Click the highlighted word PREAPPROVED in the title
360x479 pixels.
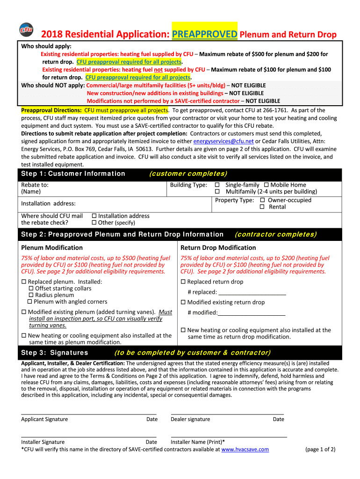pos(205,34)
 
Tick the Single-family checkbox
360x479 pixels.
pos(217,185)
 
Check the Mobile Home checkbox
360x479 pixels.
pos(266,185)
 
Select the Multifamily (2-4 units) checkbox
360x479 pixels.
pos(217,191)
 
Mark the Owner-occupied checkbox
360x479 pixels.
pos(262,200)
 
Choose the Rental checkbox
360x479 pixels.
pos(262,207)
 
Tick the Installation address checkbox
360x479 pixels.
pos(94,216)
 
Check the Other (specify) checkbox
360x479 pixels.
pos(94,223)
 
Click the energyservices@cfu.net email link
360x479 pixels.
pos(223,141)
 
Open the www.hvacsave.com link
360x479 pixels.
pos(245,450)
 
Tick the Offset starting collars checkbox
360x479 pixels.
pos(31,289)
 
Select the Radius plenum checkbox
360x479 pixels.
pos(31,295)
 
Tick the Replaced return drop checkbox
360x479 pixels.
pos(183,282)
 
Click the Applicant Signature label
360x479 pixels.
pos(44,419)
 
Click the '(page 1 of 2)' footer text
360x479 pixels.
pos(320,450)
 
